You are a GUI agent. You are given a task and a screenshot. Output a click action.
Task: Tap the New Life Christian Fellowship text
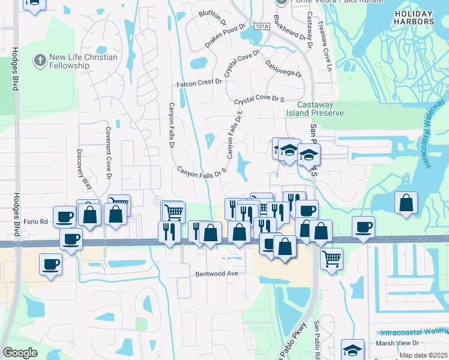(83, 61)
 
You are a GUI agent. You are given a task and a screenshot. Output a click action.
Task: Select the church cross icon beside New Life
(40, 60)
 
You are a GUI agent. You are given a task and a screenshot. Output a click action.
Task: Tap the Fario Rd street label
(35, 221)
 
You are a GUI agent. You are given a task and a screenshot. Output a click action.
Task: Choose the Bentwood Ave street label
(217, 273)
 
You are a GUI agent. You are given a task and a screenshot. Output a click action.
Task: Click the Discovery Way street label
(80, 169)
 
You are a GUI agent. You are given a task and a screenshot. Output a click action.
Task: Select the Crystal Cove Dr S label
(259, 100)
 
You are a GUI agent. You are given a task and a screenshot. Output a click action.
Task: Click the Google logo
(20, 353)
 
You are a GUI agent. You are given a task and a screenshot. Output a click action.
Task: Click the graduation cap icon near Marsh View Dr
(352, 350)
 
